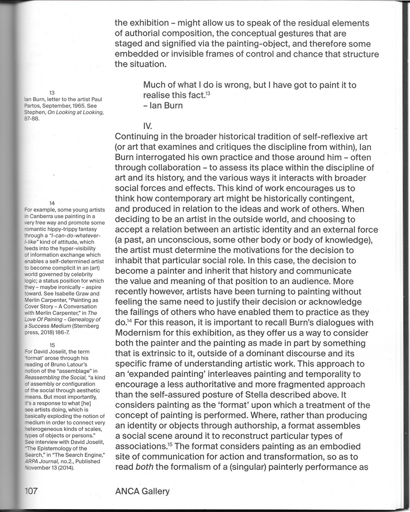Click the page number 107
30,491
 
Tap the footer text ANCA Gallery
142,491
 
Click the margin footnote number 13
53,93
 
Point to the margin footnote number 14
53,203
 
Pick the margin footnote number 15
53,345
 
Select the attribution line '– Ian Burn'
163,105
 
